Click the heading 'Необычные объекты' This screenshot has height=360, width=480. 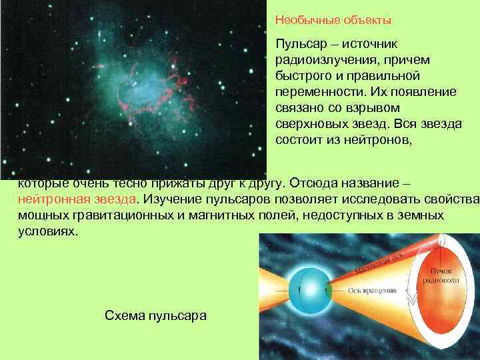[333, 21]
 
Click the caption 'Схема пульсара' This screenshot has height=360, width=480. [156, 315]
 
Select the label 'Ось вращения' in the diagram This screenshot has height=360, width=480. [373, 291]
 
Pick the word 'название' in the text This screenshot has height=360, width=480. [372, 183]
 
